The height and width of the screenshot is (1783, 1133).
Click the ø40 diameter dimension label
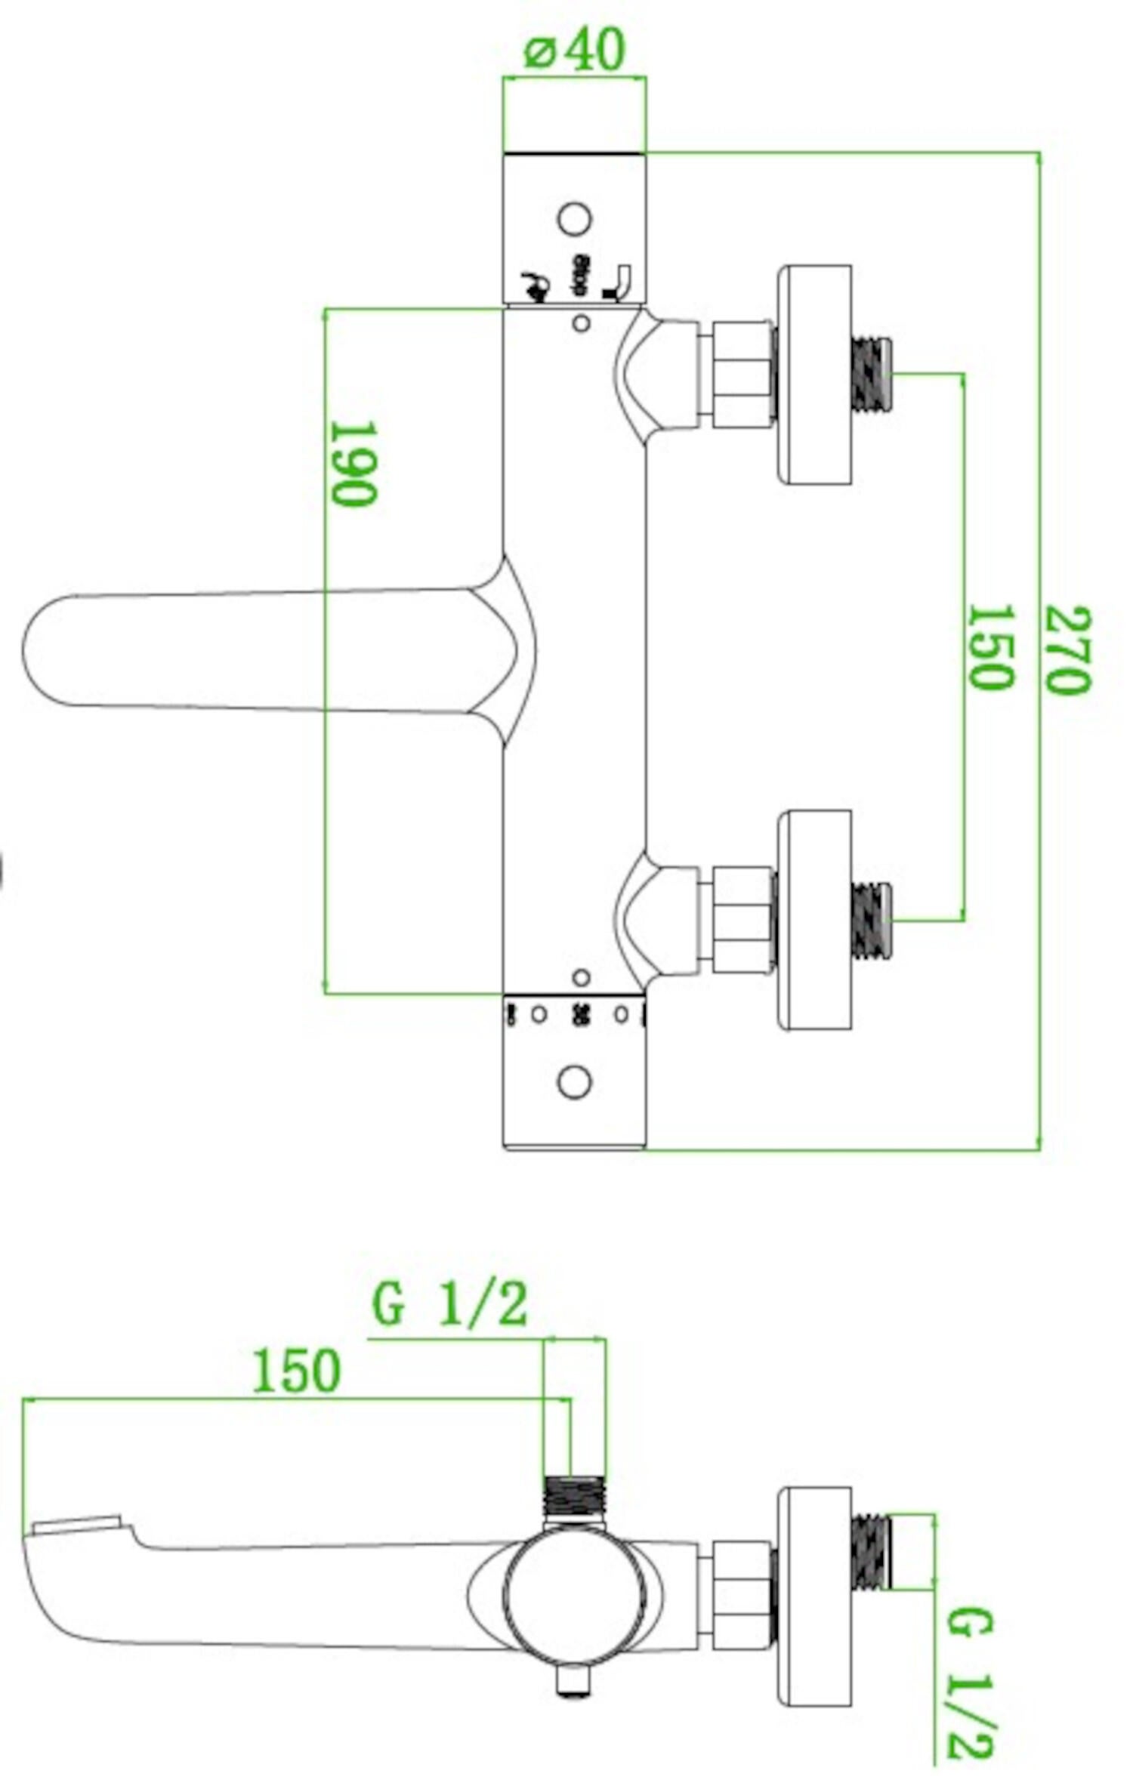[574, 51]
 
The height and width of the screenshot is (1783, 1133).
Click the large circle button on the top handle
[574, 219]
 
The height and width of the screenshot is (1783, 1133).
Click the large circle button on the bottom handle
[574, 1082]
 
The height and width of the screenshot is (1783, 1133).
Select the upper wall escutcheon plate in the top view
[815, 375]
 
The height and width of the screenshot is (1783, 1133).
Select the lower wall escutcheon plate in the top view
[815, 920]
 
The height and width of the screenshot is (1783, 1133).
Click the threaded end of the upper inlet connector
[872, 375]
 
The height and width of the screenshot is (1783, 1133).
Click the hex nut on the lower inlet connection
[742, 920]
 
